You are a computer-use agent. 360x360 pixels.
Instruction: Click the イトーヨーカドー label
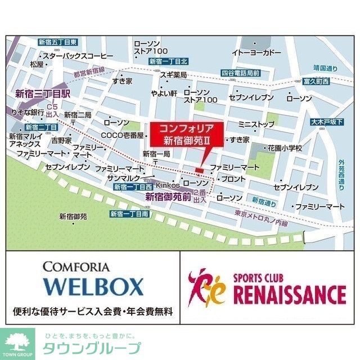(x=256, y=52)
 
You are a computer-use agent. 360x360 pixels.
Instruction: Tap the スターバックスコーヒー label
(x=78, y=56)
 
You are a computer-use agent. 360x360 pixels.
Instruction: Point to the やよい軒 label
(x=164, y=92)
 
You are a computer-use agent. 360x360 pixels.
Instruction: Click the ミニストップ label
(x=256, y=123)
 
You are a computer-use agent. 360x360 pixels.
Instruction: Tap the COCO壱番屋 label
(x=123, y=135)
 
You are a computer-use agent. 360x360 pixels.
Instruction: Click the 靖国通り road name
(x=325, y=69)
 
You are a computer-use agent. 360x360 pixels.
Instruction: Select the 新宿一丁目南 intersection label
(x=129, y=214)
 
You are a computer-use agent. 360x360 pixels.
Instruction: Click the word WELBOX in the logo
(x=93, y=287)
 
